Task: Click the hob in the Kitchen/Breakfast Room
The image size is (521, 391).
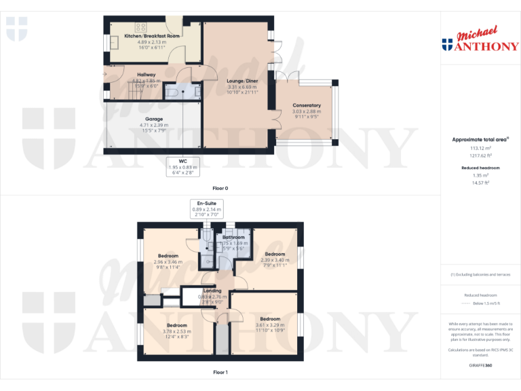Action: tap(141, 27)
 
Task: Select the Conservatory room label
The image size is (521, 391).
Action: tap(307, 105)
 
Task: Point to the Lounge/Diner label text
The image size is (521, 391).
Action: tap(242, 81)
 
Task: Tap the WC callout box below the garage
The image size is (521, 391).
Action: tap(182, 166)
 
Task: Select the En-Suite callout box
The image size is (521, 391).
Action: tap(207, 208)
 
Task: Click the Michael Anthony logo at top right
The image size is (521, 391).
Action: tap(480, 41)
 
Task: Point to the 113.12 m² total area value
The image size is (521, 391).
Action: tap(480, 147)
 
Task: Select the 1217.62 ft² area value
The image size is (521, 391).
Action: tap(480, 154)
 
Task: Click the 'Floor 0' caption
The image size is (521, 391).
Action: tap(220, 187)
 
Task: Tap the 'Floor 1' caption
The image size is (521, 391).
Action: tap(220, 372)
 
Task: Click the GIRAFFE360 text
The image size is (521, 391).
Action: tap(480, 365)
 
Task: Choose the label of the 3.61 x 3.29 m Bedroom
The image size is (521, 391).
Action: tap(269, 318)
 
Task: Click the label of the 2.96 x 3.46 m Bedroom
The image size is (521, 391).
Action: tap(166, 256)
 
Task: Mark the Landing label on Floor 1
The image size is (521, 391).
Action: tap(212, 291)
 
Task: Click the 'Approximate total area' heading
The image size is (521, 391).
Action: tap(479, 139)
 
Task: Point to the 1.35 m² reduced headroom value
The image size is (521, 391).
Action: tap(480, 174)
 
